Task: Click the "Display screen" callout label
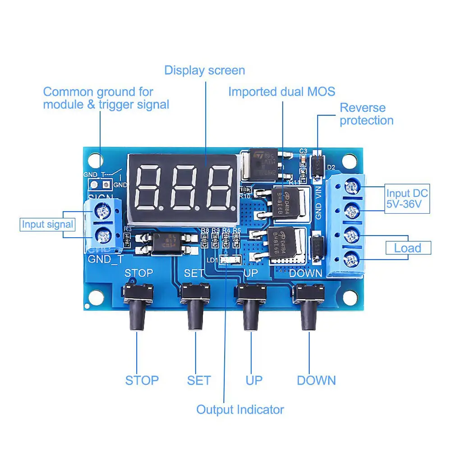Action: click(x=204, y=70)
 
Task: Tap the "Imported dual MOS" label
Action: click(x=281, y=92)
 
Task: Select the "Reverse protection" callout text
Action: click(x=366, y=114)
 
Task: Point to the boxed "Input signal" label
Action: click(x=47, y=224)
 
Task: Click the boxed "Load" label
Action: click(x=407, y=248)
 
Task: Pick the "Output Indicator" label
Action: click(x=240, y=410)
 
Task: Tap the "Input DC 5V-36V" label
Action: click(x=406, y=200)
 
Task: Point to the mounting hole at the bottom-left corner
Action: click(x=94, y=297)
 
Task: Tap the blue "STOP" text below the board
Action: click(x=142, y=380)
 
